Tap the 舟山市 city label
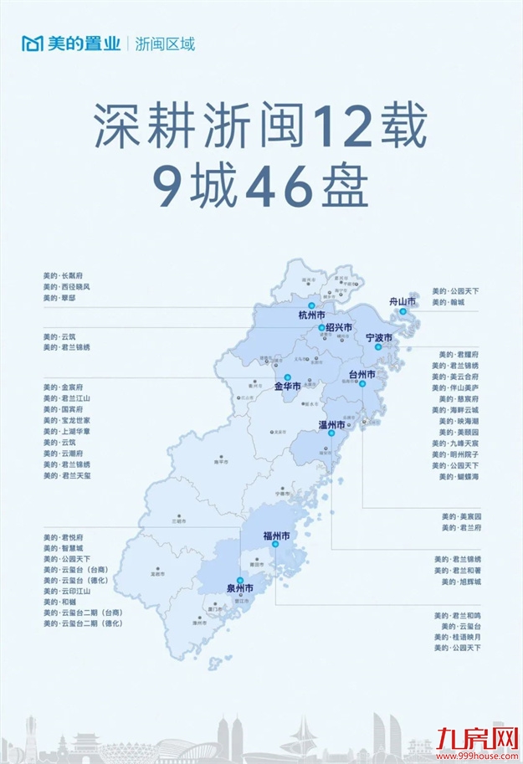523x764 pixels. click(403, 300)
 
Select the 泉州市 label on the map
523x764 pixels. click(240, 587)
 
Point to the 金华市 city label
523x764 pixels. click(289, 387)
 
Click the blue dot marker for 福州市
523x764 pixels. click(274, 545)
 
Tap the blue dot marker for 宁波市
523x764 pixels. click(378, 346)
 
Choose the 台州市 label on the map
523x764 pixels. click(361, 374)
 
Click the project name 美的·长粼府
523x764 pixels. click(64, 275)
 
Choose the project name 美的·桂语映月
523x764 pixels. click(458, 637)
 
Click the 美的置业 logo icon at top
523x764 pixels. click(32, 44)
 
